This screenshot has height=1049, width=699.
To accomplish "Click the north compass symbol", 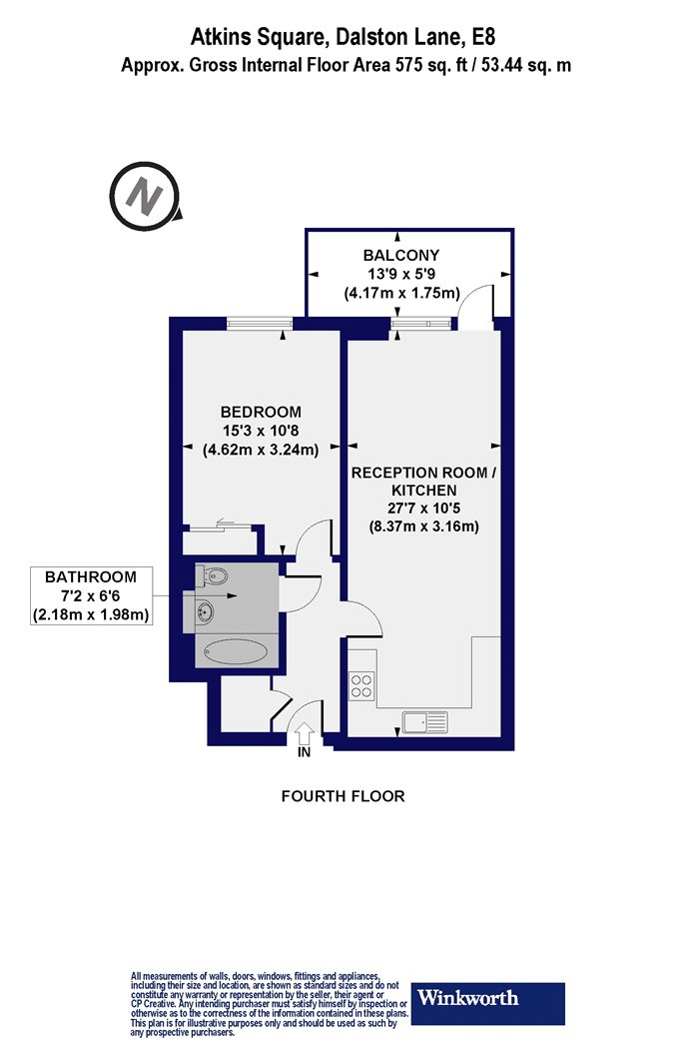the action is point(145,197).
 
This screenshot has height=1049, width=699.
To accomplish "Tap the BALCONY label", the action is point(401,255).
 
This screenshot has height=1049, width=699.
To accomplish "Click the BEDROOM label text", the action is point(261,412).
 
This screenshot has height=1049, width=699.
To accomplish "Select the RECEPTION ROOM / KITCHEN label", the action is point(424,481).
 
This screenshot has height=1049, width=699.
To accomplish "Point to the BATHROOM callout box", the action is point(91,595).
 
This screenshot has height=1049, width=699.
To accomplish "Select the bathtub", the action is point(236,652).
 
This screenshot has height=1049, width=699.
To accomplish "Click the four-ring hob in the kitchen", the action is point(361,685).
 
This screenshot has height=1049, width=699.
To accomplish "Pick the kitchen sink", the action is point(425,722).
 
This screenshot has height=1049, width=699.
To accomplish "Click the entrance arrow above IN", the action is point(304,732).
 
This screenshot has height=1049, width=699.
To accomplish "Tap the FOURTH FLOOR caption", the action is point(344,796).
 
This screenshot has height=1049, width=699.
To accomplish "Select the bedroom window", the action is point(260,324).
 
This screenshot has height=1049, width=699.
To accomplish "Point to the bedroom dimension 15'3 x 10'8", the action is point(261,431).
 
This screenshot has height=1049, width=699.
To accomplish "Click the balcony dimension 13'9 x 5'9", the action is point(401,274).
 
